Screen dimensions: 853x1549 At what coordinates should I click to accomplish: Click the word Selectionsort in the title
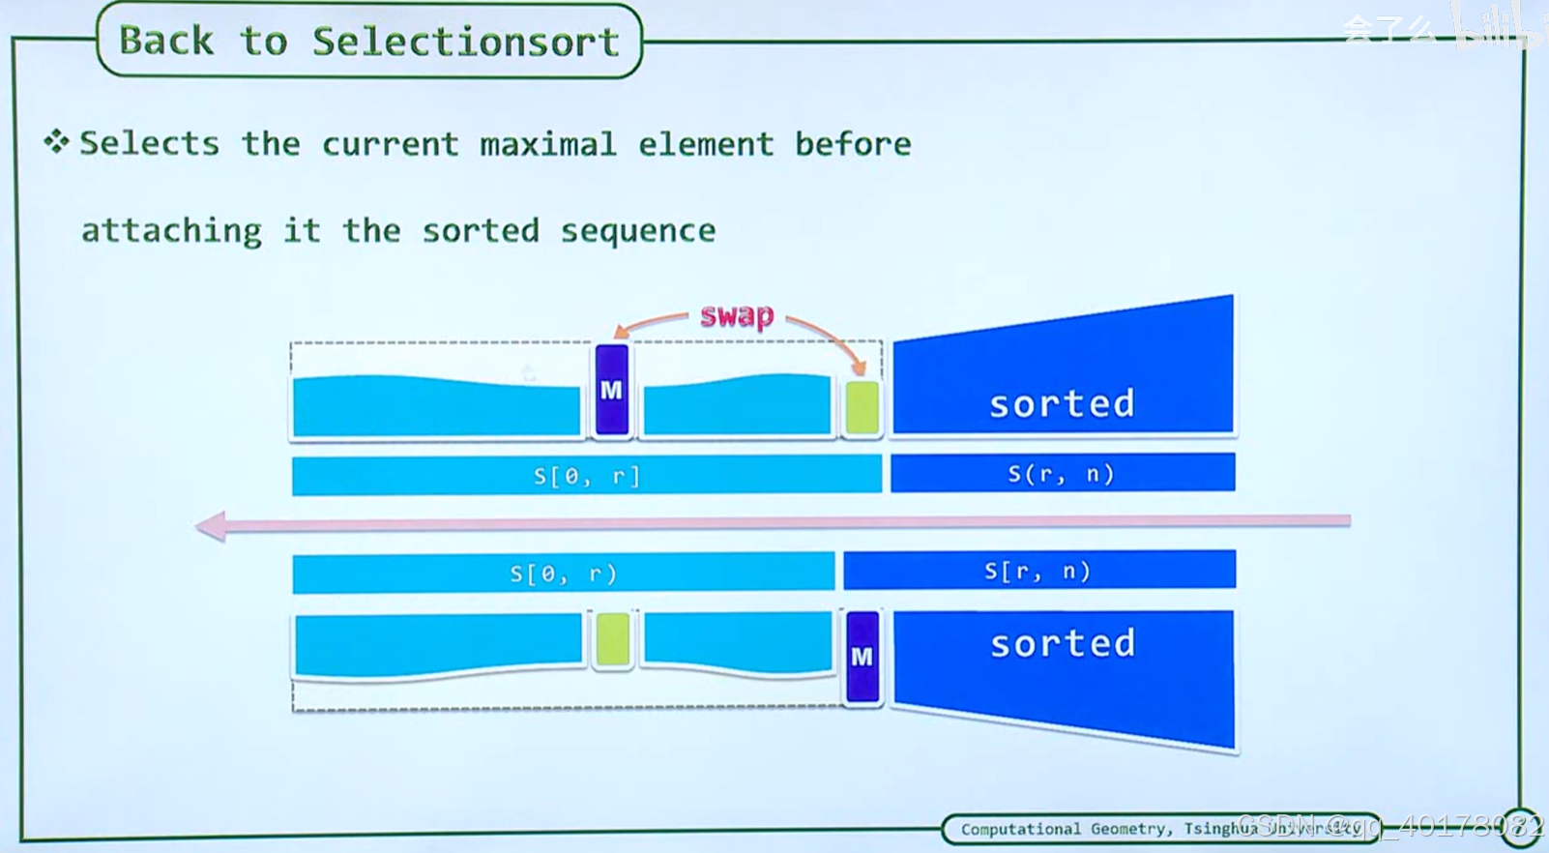(465, 42)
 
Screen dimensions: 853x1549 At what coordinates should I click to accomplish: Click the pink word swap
(737, 315)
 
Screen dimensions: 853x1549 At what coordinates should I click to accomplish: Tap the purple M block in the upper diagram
(611, 390)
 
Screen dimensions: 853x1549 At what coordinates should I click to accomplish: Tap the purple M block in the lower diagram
(862, 657)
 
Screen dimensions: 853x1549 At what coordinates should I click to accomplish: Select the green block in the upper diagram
(862, 407)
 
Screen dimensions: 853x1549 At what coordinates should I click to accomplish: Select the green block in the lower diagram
(612, 638)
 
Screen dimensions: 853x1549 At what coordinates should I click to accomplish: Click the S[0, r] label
(586, 476)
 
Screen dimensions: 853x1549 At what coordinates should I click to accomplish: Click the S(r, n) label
(1062, 474)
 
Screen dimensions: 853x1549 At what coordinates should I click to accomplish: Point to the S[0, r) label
(563, 574)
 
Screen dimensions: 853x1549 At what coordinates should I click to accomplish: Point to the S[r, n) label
(1038, 571)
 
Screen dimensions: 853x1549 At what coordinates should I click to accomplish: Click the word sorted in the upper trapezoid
(1062, 403)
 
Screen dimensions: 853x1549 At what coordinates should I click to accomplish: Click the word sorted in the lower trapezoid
(1063, 643)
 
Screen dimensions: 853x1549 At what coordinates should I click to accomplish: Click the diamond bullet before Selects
(56, 142)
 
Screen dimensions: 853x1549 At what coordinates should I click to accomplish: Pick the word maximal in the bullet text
(547, 144)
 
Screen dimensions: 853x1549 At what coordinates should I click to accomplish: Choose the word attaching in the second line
(171, 231)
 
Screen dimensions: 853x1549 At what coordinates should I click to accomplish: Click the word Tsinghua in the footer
(1220, 829)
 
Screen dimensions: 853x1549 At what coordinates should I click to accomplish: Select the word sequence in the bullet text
(638, 231)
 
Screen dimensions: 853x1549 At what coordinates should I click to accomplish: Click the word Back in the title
(166, 42)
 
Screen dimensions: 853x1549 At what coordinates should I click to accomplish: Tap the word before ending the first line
(853, 144)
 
